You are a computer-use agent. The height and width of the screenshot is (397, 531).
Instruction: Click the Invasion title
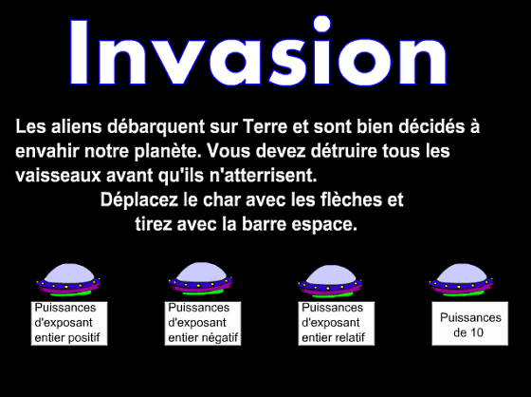click(258, 51)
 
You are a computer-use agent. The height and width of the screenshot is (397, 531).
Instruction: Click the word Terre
click(265, 126)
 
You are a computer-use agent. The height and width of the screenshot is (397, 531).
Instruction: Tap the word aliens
click(77, 126)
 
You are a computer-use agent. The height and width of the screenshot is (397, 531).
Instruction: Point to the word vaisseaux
click(58, 176)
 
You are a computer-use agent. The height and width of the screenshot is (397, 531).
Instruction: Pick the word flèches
click(352, 199)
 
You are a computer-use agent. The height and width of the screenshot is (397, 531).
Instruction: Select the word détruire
click(343, 151)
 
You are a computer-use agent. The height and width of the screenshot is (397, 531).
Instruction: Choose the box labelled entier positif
click(69, 323)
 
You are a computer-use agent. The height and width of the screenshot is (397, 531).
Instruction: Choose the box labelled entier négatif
click(203, 323)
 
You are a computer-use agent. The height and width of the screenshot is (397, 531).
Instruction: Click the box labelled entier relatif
click(337, 323)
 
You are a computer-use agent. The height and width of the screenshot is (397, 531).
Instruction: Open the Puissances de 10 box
click(470, 323)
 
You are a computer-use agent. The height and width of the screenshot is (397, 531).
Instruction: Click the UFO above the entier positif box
click(68, 279)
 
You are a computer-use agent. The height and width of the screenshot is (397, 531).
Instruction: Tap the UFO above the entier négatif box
click(201, 279)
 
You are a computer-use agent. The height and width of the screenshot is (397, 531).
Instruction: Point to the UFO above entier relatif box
click(330, 280)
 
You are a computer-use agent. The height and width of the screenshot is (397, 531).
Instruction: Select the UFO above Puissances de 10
click(461, 279)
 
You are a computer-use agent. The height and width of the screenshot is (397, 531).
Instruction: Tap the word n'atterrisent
click(263, 176)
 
